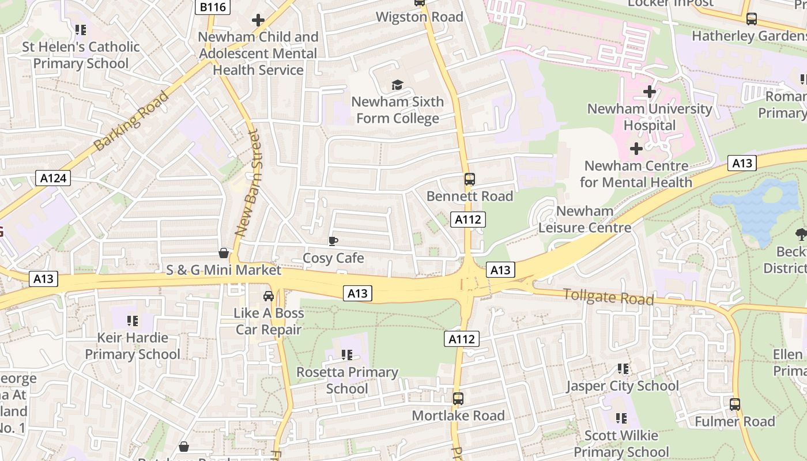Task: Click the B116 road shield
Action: (x=213, y=7)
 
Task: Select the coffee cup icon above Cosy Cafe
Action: (x=333, y=241)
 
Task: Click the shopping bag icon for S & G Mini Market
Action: (x=224, y=253)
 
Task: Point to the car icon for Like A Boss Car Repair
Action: (x=269, y=296)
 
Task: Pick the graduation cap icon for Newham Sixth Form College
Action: (x=397, y=85)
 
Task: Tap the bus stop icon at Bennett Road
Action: (x=469, y=179)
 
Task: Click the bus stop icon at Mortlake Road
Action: (x=458, y=398)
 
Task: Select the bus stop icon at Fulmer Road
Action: (x=735, y=405)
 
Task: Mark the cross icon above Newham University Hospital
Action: (x=650, y=92)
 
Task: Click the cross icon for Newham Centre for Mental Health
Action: (x=636, y=149)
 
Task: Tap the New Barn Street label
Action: (x=247, y=184)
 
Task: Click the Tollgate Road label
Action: (x=608, y=297)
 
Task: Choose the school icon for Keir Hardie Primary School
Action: (x=133, y=320)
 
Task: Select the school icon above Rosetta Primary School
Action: (x=346, y=355)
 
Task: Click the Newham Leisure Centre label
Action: (x=584, y=219)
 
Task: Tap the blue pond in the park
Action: (x=755, y=207)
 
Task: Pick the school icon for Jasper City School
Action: (x=623, y=368)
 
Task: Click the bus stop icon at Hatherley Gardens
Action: (x=752, y=19)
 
